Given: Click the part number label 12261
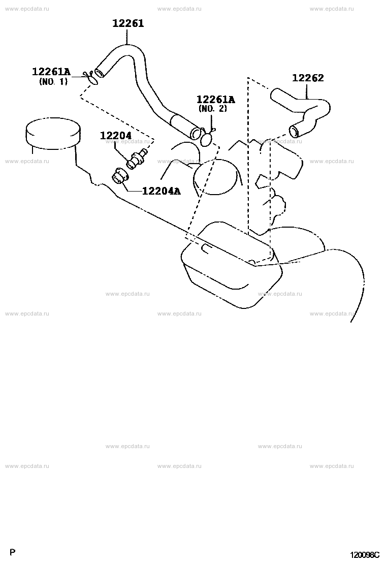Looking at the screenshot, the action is point(128,23).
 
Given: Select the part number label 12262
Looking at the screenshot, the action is point(308,78).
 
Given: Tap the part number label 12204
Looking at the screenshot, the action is point(116,136).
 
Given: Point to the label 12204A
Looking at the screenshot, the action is point(161,191).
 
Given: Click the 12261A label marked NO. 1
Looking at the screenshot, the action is point(51,71).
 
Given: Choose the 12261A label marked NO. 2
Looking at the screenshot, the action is point(215,99).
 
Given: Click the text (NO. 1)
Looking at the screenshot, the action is point(53,82).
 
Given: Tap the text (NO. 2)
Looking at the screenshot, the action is point(213,108).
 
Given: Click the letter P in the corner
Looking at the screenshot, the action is point(12,552).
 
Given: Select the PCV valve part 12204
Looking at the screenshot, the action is point(137,159).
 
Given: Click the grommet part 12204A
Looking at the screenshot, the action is point(119,176).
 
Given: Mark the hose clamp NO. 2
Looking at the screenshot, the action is point(207,138).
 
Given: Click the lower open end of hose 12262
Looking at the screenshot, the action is point(294,132).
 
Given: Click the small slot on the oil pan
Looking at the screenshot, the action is point(207,248).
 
